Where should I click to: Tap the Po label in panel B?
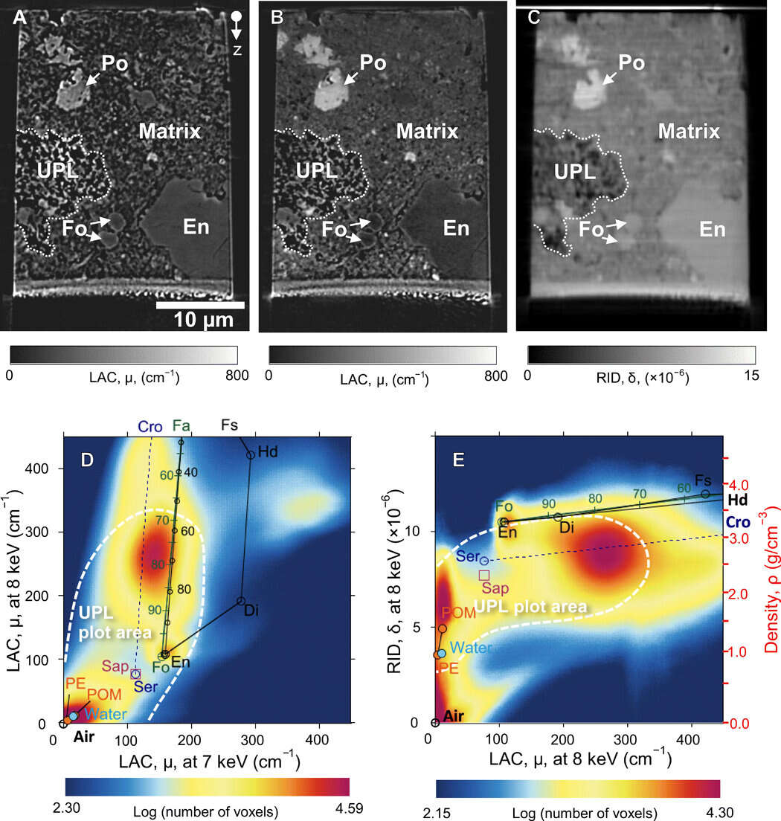pyautogui.click(x=373, y=63)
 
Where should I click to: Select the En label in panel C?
pyautogui.click(x=712, y=229)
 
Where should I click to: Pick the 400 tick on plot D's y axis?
pyautogui.click(x=38, y=469)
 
